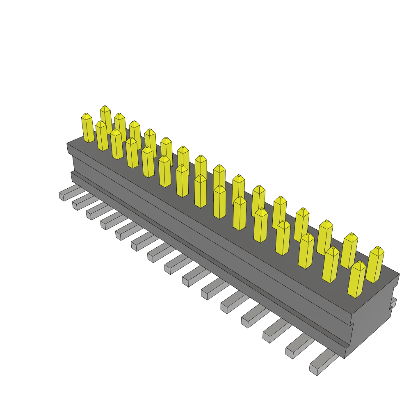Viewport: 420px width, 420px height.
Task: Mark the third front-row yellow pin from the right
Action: [306, 251]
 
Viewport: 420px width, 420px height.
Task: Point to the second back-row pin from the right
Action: [349, 251]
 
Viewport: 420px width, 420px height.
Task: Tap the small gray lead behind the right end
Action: [393, 303]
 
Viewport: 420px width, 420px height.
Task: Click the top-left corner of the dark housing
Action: [67, 144]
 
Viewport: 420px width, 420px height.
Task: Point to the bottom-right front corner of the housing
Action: [345, 358]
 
